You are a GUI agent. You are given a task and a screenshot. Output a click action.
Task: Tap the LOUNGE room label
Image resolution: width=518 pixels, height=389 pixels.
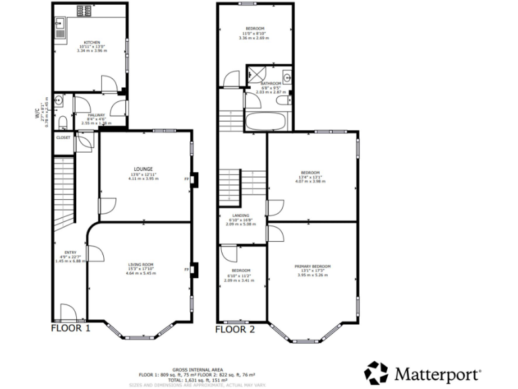(x=142, y=169)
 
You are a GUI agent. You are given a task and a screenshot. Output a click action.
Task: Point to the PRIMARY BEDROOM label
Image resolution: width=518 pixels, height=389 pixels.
(x=312, y=266)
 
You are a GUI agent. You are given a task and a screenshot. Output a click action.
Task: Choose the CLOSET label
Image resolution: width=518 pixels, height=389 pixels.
(x=63, y=137)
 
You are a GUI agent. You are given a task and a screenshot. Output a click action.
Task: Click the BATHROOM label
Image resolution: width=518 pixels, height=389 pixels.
(x=271, y=84)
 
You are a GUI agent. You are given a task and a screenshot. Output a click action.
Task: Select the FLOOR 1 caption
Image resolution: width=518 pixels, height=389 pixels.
(x=71, y=329)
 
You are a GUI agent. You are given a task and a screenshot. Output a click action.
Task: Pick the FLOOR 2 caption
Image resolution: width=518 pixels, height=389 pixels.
(x=235, y=329)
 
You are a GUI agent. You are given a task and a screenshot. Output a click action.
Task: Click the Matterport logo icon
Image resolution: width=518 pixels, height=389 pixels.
(x=376, y=372)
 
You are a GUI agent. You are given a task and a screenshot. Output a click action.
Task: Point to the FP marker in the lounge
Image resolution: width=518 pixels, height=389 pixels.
(x=187, y=180)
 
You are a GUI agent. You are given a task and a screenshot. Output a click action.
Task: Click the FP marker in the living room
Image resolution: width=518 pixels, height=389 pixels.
(x=187, y=270)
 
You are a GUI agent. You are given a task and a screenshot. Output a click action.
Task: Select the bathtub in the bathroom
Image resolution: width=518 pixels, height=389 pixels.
(x=267, y=122)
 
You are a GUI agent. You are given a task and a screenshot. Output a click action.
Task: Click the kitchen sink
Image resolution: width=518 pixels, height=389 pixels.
(x=60, y=30)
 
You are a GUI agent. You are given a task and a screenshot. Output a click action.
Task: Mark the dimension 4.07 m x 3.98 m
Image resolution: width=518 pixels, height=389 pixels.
(x=312, y=181)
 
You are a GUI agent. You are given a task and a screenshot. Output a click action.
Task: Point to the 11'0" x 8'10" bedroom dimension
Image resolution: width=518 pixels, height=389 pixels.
(x=255, y=33)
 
